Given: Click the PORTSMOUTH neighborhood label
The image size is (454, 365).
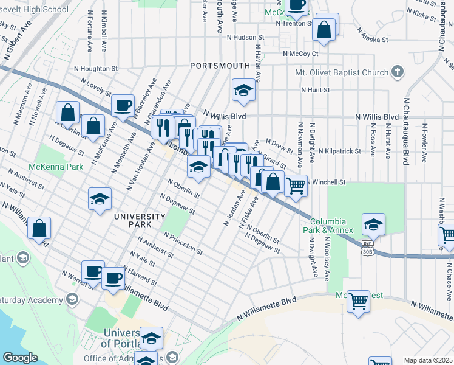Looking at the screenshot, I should tap(220, 65).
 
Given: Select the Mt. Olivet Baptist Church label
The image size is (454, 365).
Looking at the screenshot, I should tap(341, 73).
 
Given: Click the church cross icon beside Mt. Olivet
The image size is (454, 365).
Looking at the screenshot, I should tap(398, 72).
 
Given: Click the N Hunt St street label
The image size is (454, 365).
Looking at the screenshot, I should tap(316, 90).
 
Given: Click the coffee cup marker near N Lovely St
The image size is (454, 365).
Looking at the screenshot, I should tap(123, 105).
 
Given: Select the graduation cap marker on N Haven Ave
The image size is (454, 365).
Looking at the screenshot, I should tap(243, 91).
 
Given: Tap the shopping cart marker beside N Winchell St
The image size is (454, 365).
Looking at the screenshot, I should tap(296, 186).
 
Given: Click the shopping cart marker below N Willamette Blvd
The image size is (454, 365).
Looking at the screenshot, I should tap(359, 301).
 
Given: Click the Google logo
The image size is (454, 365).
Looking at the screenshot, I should tap(20, 358).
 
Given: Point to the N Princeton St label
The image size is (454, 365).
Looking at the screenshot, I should tap(183, 242).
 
